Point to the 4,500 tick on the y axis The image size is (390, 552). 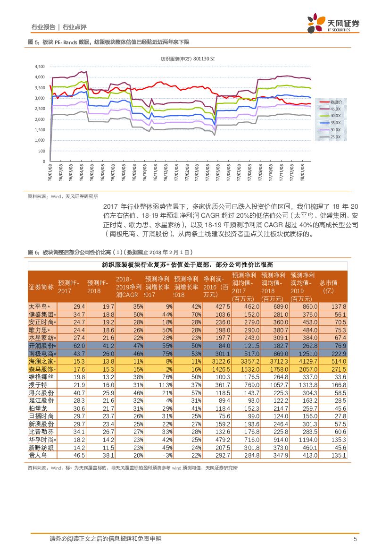[x=40, y=67]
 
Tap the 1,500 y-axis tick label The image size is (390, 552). [x=40, y=129]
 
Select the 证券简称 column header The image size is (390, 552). [x=41, y=287]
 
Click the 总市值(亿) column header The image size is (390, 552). [x=332, y=287]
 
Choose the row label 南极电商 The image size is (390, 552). [x=41, y=354]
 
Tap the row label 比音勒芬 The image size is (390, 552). [x=41, y=432]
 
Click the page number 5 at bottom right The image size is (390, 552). [x=355, y=539]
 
